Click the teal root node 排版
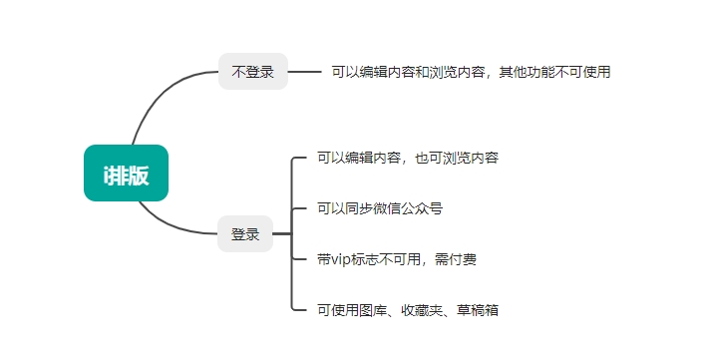pos(126,174)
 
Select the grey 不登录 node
pos(252,72)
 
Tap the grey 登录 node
pos(244,234)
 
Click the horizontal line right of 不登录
pos(303,72)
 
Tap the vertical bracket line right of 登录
pos(291,234)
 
